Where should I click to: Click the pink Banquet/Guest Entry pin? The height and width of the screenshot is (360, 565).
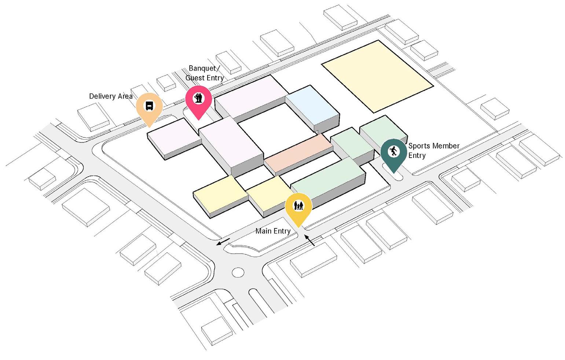coord(198,100)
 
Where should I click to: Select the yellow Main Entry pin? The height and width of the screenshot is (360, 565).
coord(298,208)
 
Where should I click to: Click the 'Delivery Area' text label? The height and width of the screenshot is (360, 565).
coord(111,96)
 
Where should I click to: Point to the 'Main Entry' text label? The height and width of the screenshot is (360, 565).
coord(273,231)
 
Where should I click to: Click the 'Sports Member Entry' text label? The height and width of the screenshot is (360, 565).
coord(433,150)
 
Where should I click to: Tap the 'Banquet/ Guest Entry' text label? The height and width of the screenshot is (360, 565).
coord(204,73)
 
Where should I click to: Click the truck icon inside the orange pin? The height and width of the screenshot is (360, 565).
coord(149,106)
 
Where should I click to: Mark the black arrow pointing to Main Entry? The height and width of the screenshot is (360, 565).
coord(310,240)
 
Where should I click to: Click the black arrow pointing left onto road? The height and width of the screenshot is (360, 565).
coord(223,242)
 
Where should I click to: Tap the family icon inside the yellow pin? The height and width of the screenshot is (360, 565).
coord(298,206)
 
